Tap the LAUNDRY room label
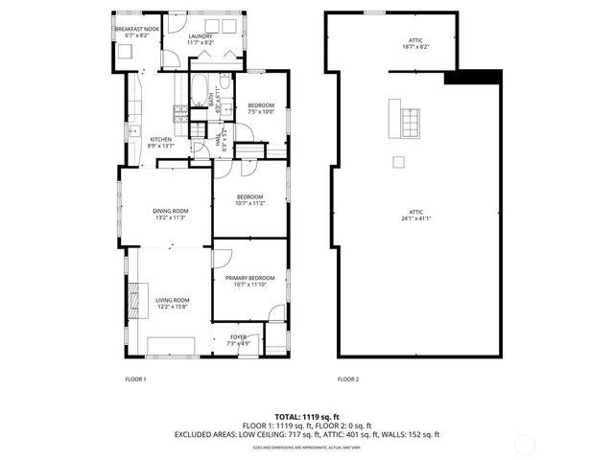(x=187, y=35)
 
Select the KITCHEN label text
(x=160, y=140)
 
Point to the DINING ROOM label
(x=170, y=211)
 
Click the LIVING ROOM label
(x=173, y=301)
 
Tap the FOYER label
(x=237, y=336)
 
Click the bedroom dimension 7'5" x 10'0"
(x=261, y=112)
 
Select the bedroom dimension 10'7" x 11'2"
(x=249, y=203)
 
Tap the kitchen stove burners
(x=179, y=114)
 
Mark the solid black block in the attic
(x=474, y=78)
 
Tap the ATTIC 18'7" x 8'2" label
(x=415, y=42)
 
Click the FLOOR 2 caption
(x=347, y=379)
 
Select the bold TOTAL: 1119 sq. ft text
(x=307, y=418)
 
